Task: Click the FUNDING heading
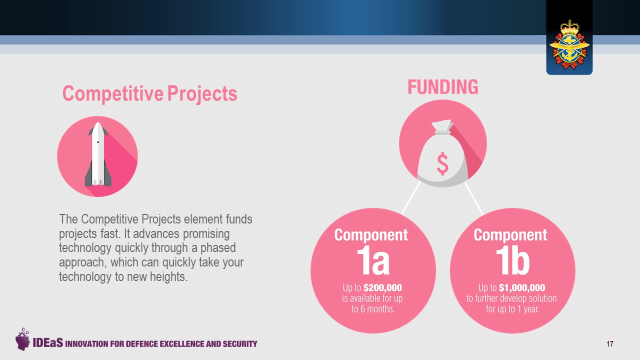coord(443,87)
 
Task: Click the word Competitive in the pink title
coord(113,93)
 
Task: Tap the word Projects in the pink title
coord(202,93)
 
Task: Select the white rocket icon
coord(97,154)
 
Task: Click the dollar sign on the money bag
coord(442,163)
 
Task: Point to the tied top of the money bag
coord(442,127)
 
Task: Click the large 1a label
coord(373,261)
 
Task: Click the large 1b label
coord(513,261)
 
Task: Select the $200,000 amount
coord(382,287)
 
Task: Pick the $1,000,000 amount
coord(522,287)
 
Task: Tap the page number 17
coord(609,343)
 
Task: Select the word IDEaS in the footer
coord(47,342)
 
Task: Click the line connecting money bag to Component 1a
coord(411,198)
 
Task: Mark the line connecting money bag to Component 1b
coord(473,199)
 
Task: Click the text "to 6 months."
coord(373,309)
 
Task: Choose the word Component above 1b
coord(510,235)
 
